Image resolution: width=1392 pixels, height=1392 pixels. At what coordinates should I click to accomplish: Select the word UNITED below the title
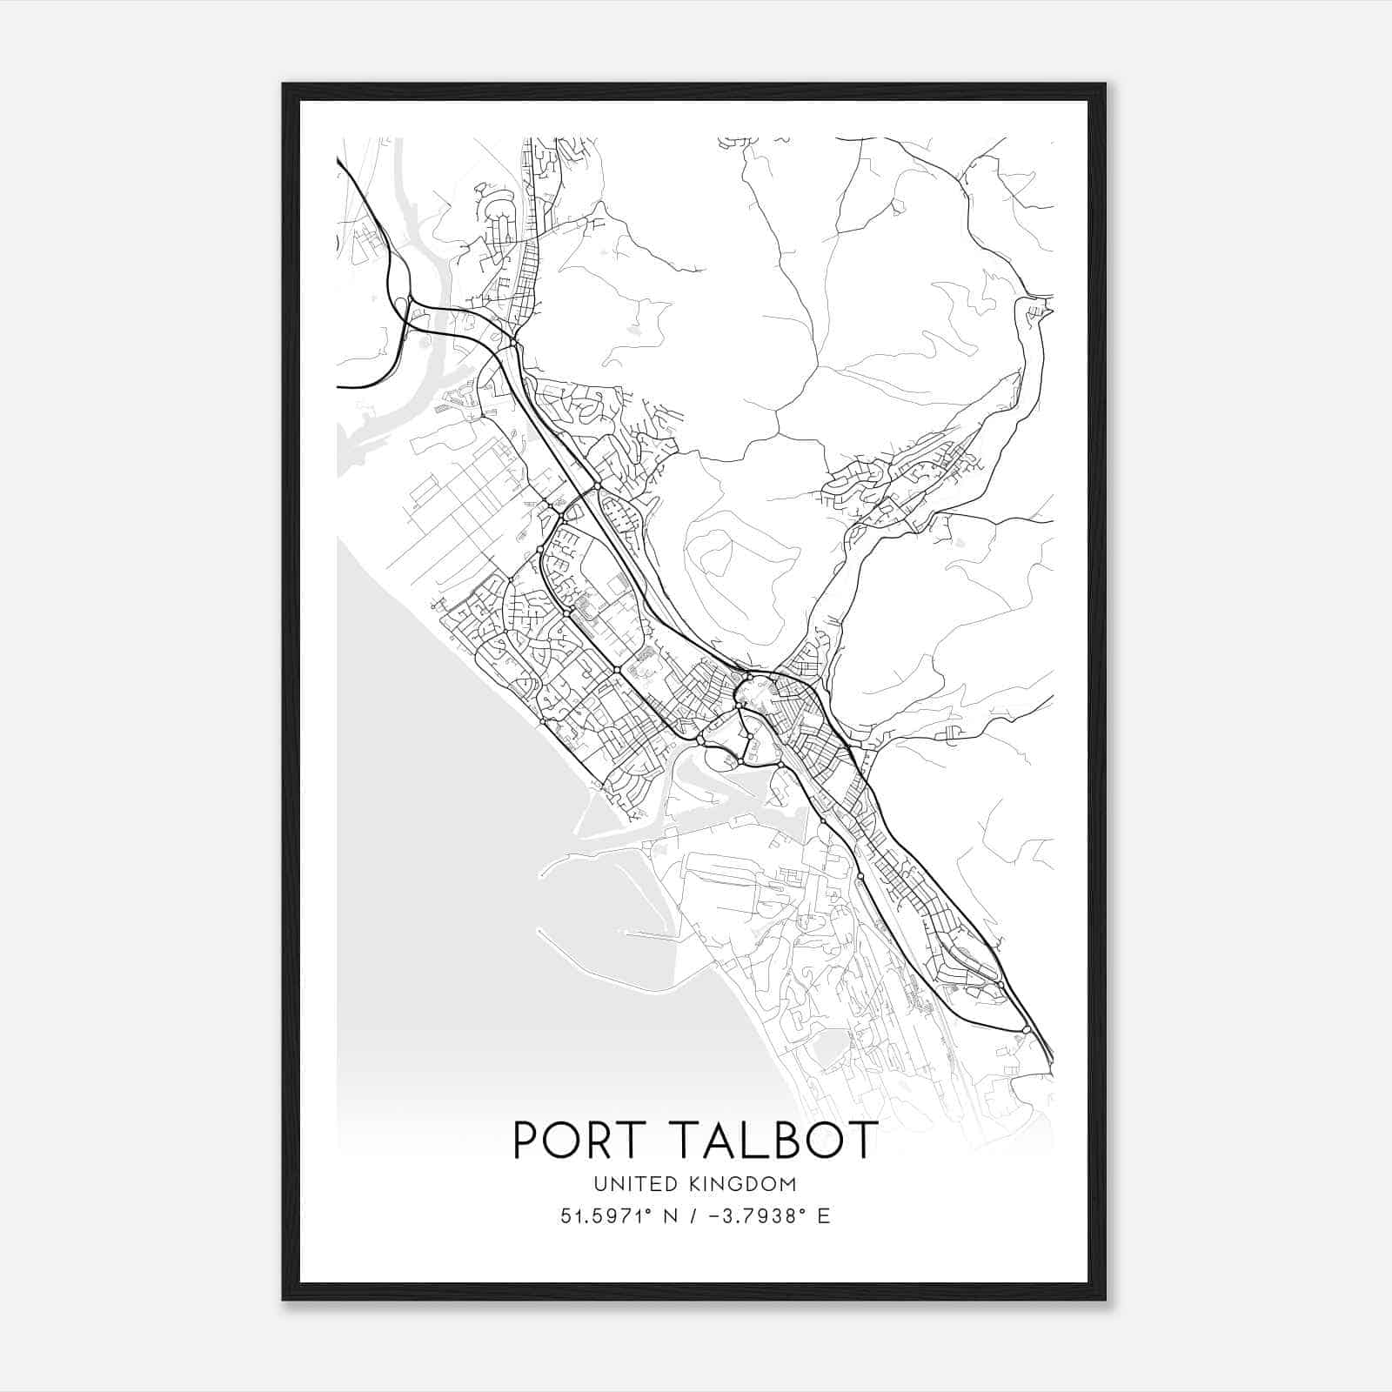click(x=631, y=1184)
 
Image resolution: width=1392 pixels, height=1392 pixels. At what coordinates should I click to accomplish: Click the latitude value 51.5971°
click(x=606, y=1215)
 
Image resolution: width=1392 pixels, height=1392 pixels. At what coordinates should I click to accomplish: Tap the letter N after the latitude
click(x=670, y=1215)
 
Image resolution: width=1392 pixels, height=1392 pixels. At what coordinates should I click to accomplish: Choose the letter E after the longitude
click(x=823, y=1215)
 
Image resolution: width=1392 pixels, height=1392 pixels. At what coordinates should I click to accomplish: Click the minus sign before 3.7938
click(x=716, y=1215)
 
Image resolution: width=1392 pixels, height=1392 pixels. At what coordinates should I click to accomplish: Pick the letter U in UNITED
click(x=599, y=1184)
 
